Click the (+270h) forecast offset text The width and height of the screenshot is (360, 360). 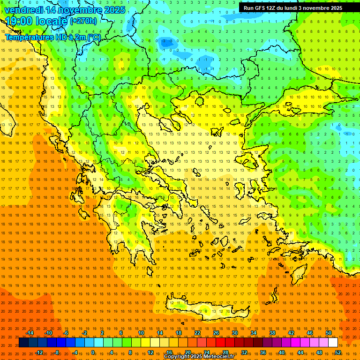pos(83,21)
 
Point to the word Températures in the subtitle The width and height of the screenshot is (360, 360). pos(29,37)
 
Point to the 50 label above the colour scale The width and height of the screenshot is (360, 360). pos(329,333)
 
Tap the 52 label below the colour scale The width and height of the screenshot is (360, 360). pos(338,352)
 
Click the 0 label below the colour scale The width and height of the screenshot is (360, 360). pos(92,352)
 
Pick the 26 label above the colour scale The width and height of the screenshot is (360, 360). pos(216,333)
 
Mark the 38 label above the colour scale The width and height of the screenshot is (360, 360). pos(272,333)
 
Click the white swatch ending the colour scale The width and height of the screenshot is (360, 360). pos(333,343)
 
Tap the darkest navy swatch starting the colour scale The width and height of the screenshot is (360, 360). pos(24,343)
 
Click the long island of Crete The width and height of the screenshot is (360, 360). pos(206,309)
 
